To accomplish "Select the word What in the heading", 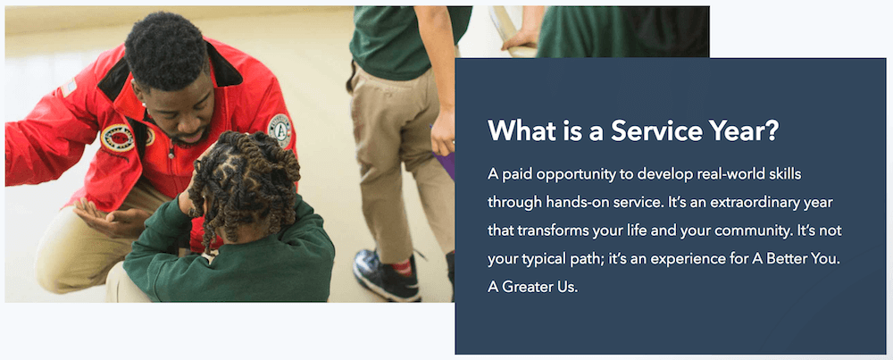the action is click(x=516, y=131).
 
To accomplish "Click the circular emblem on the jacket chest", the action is click(x=117, y=138).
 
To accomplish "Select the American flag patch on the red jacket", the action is click(x=69, y=88).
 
